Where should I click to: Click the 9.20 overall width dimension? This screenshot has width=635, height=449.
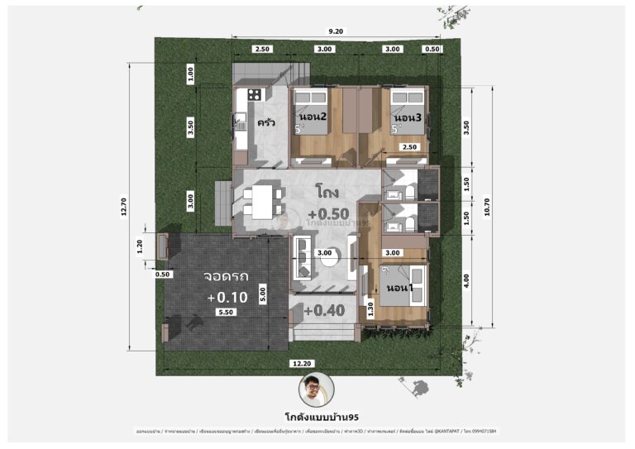(336, 31)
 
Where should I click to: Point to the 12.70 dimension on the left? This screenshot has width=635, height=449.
(124, 210)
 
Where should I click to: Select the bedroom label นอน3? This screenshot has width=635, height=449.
(407, 118)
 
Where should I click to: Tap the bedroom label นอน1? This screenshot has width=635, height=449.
(404, 287)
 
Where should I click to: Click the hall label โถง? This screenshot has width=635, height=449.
(326, 192)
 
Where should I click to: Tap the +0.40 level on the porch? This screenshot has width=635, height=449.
(322, 311)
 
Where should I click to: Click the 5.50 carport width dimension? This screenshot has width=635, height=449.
(226, 313)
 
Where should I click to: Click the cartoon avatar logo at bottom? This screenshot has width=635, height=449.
(317, 389)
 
